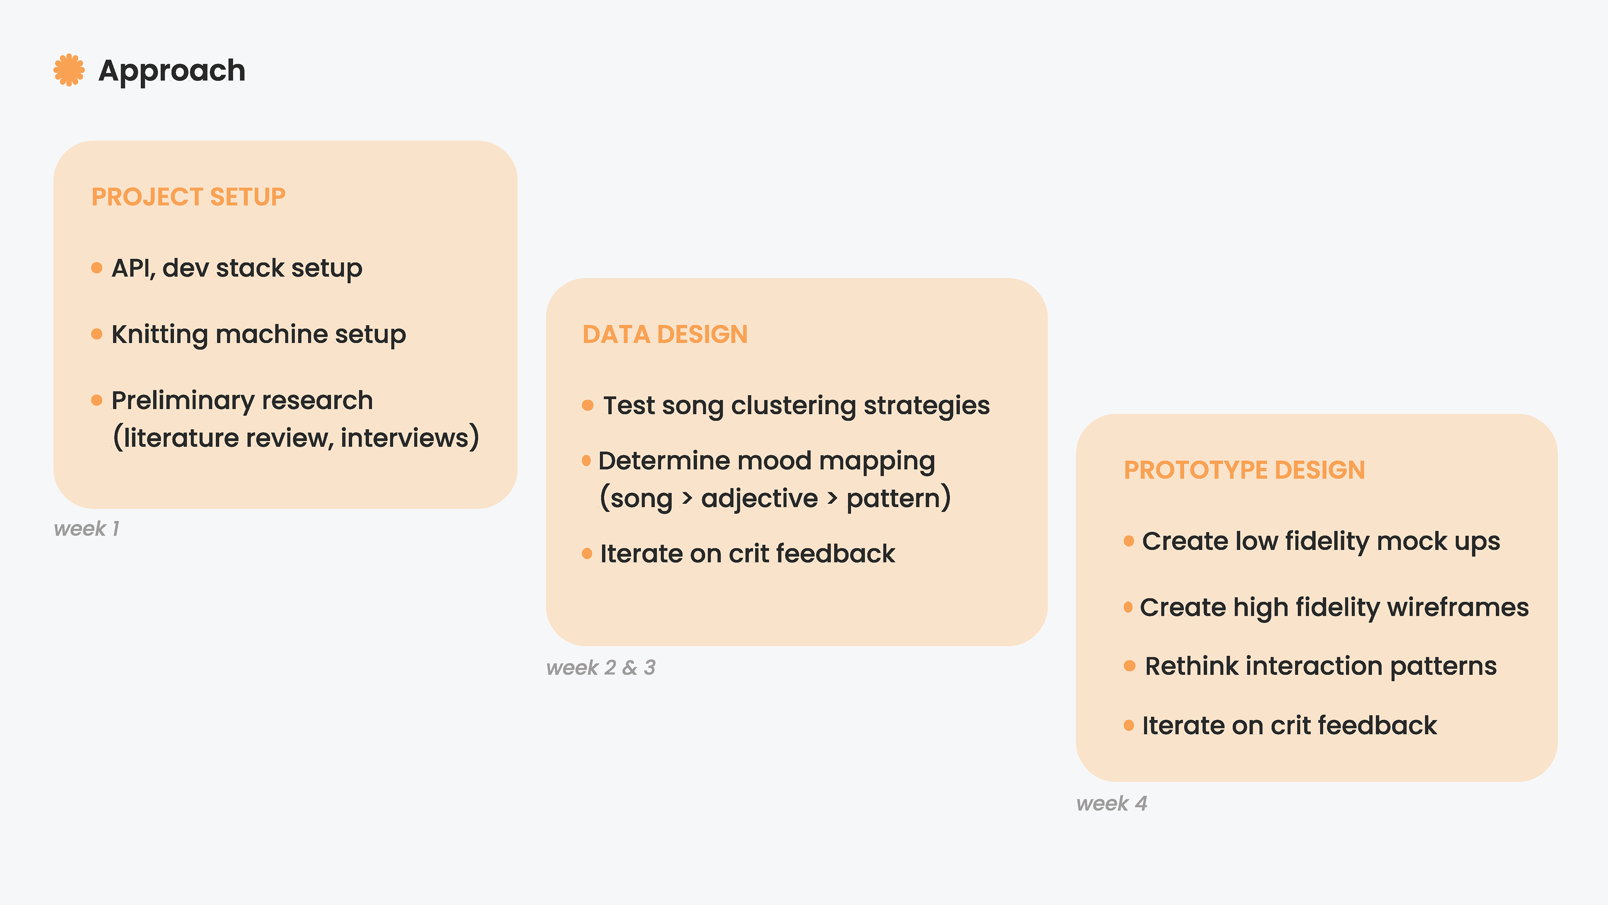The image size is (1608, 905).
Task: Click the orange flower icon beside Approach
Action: click(x=69, y=70)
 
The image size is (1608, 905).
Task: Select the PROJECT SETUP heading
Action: click(x=188, y=197)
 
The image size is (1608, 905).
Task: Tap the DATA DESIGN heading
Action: click(x=665, y=334)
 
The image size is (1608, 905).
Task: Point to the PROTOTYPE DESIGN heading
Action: click(x=1244, y=470)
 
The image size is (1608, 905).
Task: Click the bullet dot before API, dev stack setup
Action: click(x=97, y=268)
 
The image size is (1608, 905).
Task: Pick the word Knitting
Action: click(x=159, y=335)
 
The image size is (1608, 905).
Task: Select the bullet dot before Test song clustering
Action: click(x=588, y=405)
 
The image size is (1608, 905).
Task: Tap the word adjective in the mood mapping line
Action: click(x=759, y=499)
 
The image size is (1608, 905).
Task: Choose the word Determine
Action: click(x=664, y=460)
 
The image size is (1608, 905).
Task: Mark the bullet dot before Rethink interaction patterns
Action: click(x=1129, y=666)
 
